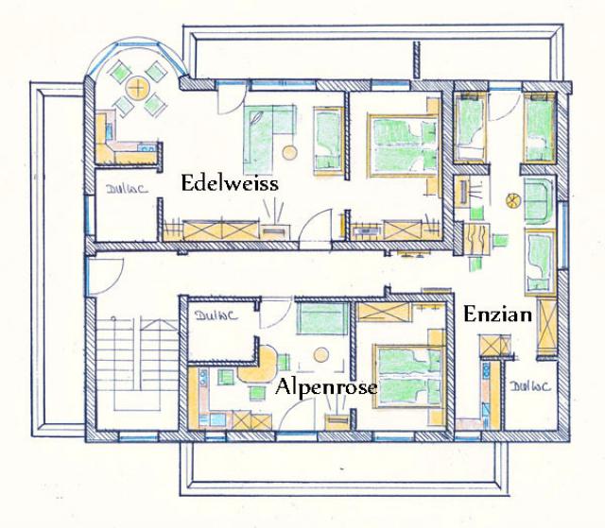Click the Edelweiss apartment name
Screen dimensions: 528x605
(x=230, y=183)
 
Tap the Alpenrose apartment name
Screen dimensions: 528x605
(x=326, y=387)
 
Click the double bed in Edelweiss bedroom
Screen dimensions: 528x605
(x=401, y=144)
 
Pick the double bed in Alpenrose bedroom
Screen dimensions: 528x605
(x=410, y=374)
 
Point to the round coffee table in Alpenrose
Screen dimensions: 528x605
(x=320, y=354)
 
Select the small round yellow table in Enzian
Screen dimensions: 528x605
(x=513, y=200)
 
